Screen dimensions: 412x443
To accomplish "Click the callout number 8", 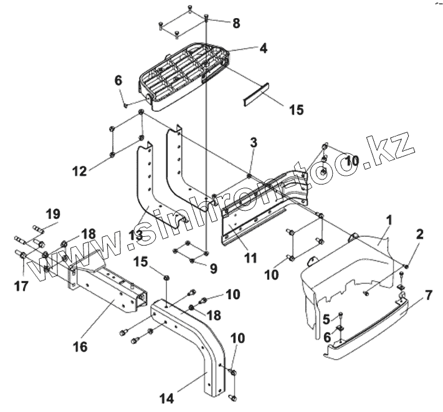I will (236, 23).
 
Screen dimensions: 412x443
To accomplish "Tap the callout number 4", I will (264, 48).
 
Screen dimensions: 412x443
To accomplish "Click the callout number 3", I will (254, 143).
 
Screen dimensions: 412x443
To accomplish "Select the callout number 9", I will (213, 269).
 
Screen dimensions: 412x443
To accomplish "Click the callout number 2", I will (421, 235).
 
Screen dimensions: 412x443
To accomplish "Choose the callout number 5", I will (326, 319).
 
